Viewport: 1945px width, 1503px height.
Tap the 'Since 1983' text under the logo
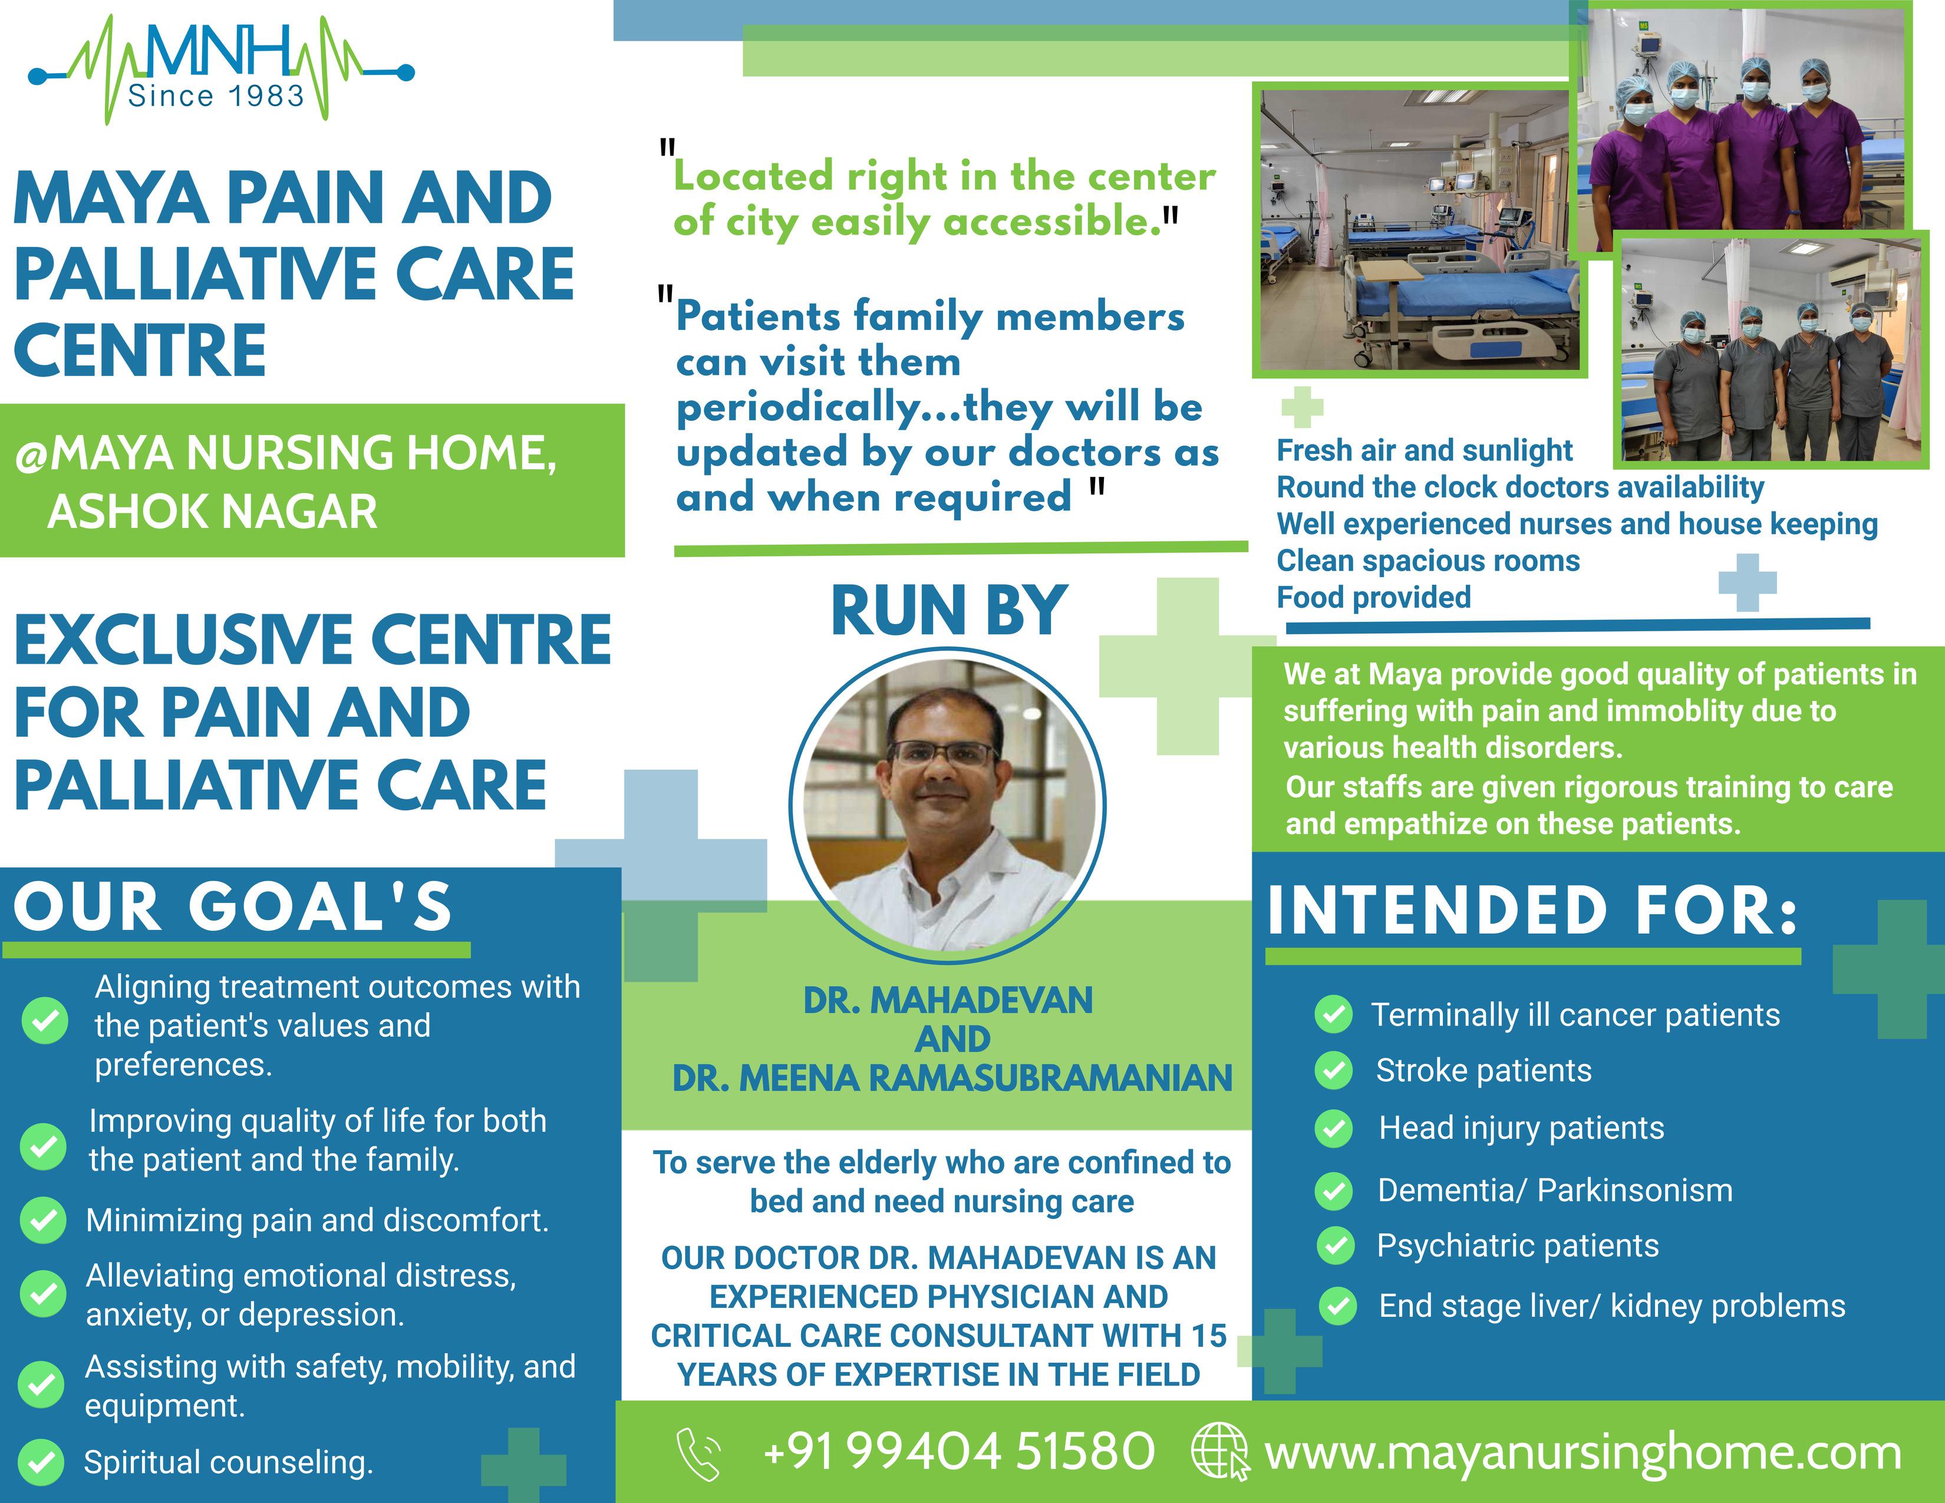tap(216, 96)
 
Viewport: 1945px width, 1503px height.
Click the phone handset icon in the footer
tap(699, 1454)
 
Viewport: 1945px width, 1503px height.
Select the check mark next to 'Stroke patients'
tap(1333, 1070)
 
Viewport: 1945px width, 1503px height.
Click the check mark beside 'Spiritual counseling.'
tap(41, 1463)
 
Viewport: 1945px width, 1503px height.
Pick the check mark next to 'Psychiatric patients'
tap(1335, 1245)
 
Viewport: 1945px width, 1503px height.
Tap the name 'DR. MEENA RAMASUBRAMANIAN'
tap(952, 1078)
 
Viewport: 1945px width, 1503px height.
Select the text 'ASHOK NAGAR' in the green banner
tap(212, 512)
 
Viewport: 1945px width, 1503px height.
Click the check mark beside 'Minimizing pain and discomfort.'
tap(43, 1220)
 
